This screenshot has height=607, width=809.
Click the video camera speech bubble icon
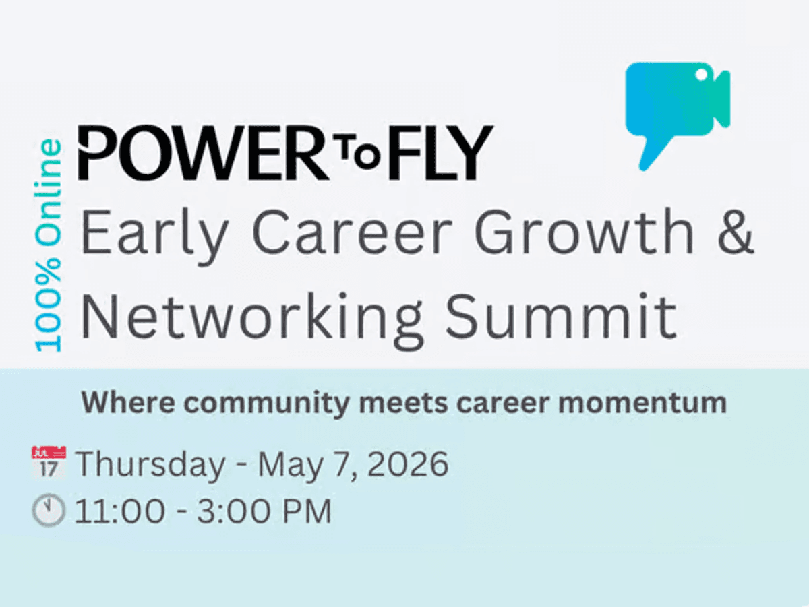[676, 104]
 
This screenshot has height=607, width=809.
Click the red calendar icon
[49, 462]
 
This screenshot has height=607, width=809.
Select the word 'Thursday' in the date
[150, 465]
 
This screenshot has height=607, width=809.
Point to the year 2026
[408, 464]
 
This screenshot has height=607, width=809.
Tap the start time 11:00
[120, 512]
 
